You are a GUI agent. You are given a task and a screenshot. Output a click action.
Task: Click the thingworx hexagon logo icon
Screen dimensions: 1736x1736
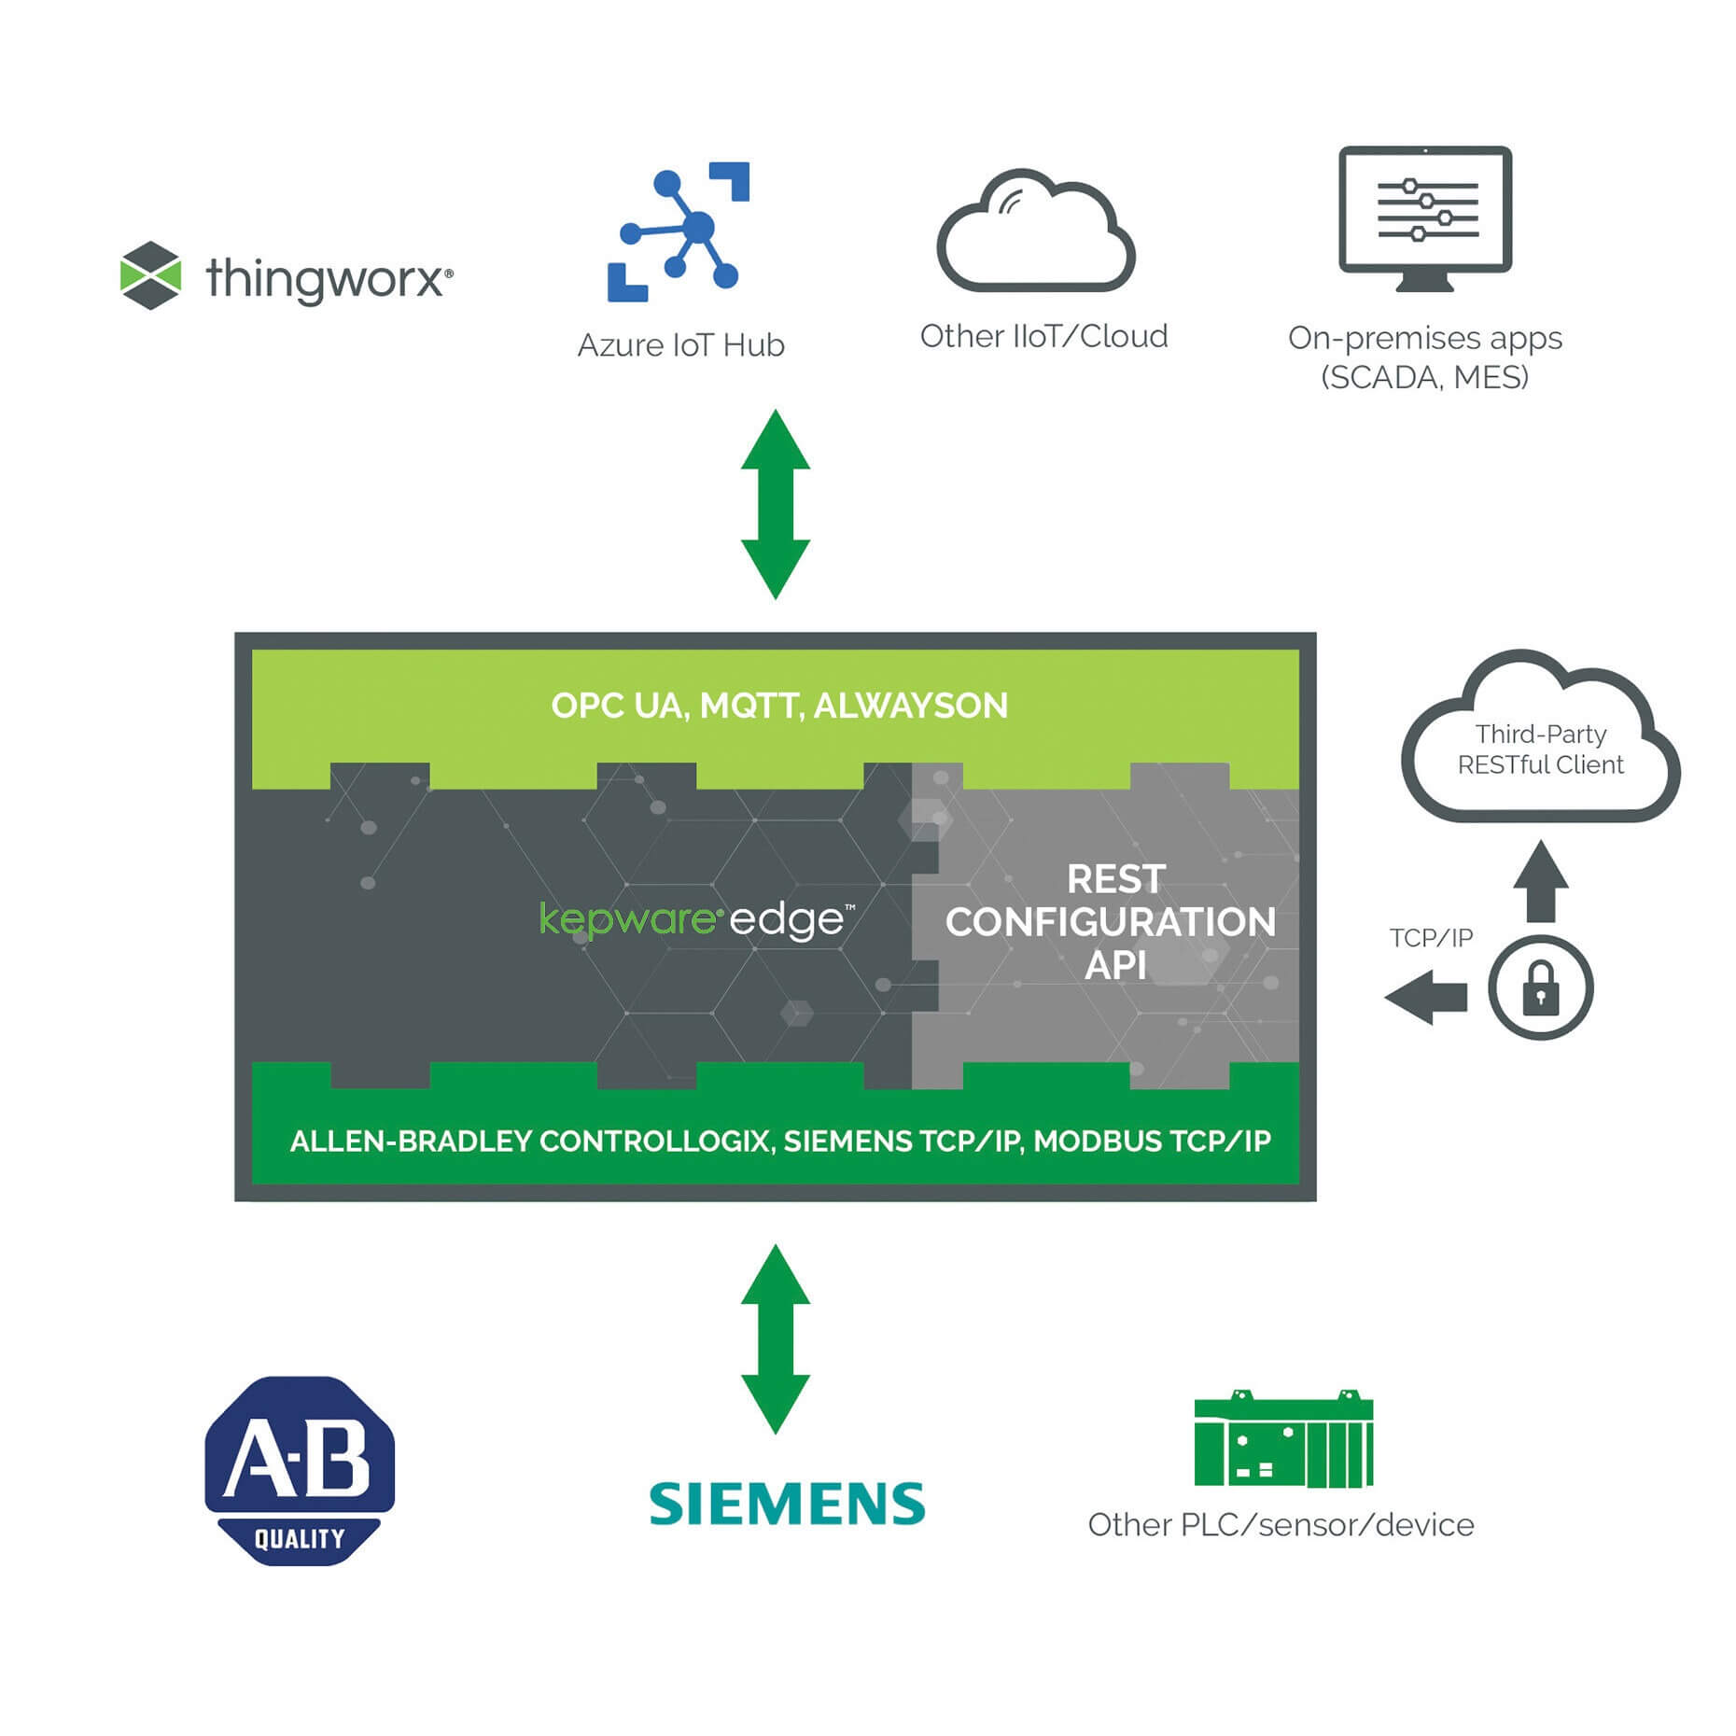(x=150, y=275)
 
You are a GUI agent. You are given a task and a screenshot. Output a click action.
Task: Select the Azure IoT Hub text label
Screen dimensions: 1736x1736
(x=680, y=345)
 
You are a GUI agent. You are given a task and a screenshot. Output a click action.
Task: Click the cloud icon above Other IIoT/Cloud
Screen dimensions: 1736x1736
(x=1035, y=233)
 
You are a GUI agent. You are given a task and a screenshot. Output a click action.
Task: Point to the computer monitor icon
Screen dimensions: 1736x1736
(x=1424, y=217)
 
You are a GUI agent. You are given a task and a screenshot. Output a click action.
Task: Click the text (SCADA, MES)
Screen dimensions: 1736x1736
(x=1424, y=377)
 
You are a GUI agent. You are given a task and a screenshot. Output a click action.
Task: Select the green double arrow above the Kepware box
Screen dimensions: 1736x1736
(x=775, y=504)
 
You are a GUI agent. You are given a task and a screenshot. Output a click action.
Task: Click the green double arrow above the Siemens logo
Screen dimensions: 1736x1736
(x=775, y=1338)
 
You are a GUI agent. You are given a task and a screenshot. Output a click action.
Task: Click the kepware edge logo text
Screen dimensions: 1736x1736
(x=696, y=919)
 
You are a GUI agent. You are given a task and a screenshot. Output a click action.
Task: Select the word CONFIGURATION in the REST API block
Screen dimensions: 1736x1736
(x=1110, y=922)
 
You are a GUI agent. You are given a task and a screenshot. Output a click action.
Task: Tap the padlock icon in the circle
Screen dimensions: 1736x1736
(x=1540, y=987)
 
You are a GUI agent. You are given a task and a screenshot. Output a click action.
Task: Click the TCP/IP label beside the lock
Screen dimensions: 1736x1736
(x=1430, y=937)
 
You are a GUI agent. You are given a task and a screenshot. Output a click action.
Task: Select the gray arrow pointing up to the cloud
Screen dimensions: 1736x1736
(x=1540, y=882)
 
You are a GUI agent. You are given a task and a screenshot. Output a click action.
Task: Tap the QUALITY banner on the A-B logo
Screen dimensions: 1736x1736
(x=300, y=1538)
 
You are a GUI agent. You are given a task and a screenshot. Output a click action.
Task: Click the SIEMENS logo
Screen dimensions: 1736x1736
(x=787, y=1504)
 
